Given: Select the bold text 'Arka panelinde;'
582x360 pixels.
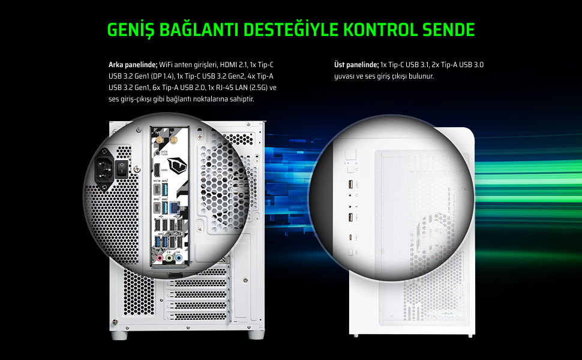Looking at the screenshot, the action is (x=133, y=65).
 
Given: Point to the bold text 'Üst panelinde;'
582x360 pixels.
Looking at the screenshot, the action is (x=356, y=65).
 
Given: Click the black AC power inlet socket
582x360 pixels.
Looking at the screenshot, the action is (x=104, y=169).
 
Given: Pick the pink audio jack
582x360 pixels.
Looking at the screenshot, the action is (x=160, y=258).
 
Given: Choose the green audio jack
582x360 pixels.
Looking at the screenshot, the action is (x=169, y=258).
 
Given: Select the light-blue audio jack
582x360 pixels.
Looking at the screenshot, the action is (x=179, y=258).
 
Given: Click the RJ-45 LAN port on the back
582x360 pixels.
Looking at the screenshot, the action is (x=174, y=208).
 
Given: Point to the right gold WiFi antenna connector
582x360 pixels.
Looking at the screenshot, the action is (x=173, y=140).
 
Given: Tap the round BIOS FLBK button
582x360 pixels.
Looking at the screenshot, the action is (x=157, y=152).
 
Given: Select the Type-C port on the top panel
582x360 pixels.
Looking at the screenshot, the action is (x=351, y=238).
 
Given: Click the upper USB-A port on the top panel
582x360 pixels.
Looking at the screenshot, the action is (x=351, y=184).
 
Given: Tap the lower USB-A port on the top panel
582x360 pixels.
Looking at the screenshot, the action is (x=351, y=217).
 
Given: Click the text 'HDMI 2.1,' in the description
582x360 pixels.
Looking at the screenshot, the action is (x=233, y=65).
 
